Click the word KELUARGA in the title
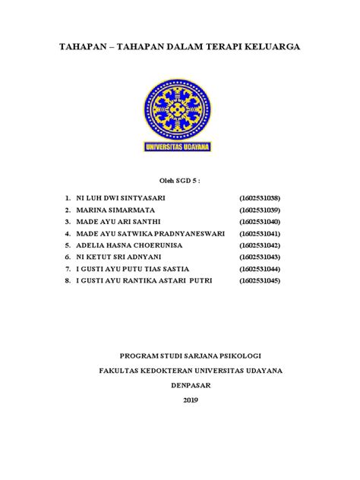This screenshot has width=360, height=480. pyautogui.click(x=269, y=47)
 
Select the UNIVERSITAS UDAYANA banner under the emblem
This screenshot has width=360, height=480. pyautogui.click(x=179, y=145)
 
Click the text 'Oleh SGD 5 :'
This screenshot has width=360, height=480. pyautogui.click(x=179, y=181)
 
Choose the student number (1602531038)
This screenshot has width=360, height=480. pyautogui.click(x=260, y=197)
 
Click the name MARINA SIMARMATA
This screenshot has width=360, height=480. pyautogui.click(x=112, y=210)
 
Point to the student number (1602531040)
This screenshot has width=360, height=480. pyautogui.click(x=260, y=222)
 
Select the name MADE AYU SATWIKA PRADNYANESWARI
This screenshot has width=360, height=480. pyautogui.click(x=150, y=234)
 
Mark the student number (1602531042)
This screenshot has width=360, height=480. pyautogui.click(x=260, y=246)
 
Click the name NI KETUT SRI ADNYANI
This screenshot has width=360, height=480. pyautogui.click(x=118, y=258)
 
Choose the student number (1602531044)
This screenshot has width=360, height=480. pyautogui.click(x=260, y=270)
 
